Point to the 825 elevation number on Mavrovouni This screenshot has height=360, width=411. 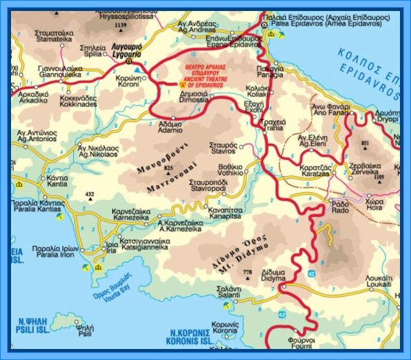coord(169,168)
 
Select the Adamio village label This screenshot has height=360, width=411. coord(170,125)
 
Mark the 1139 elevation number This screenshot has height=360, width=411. coord(120,25)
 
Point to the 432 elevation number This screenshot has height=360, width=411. coord(89,194)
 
